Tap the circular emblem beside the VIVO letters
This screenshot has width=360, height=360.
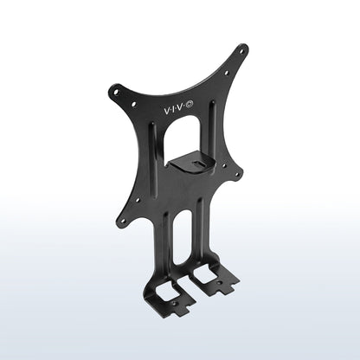190,105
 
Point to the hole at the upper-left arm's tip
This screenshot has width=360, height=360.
116,93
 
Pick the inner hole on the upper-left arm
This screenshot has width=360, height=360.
133,103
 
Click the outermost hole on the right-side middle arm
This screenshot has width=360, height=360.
237,174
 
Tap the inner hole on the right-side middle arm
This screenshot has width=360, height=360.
224,166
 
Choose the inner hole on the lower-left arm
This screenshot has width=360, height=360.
138,199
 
